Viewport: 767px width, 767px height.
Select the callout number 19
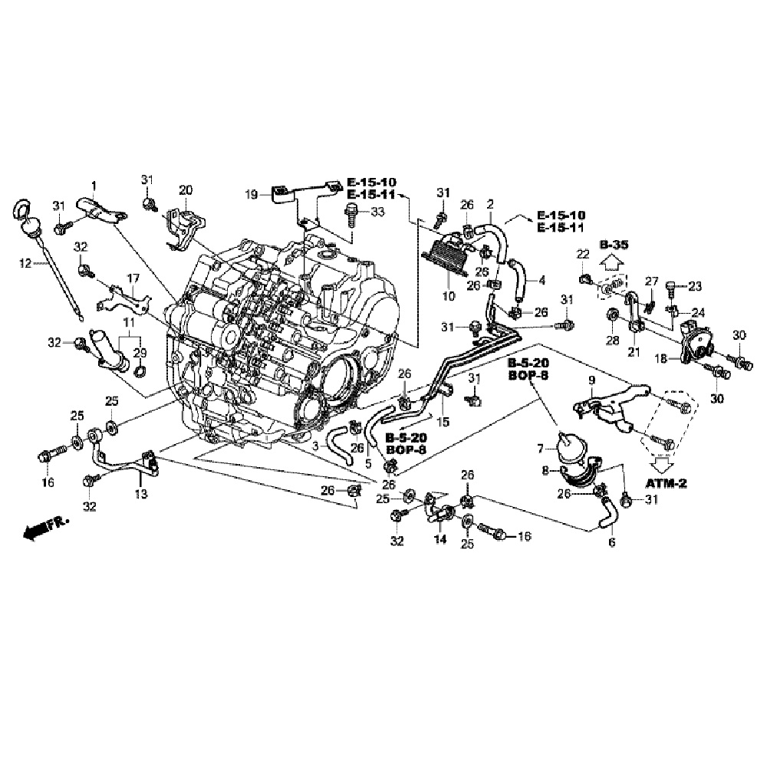pos(252,195)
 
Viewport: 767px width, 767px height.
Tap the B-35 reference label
pos(614,245)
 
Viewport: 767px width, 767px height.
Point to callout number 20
pos(185,190)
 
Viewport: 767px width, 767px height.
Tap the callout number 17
pos(133,278)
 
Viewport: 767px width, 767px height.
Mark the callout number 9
pos(591,380)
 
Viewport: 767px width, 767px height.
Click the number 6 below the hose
pos(611,542)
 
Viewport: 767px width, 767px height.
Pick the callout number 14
pos(439,540)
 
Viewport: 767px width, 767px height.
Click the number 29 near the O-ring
pos(140,352)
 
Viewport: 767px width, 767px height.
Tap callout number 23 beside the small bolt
pos(695,287)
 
